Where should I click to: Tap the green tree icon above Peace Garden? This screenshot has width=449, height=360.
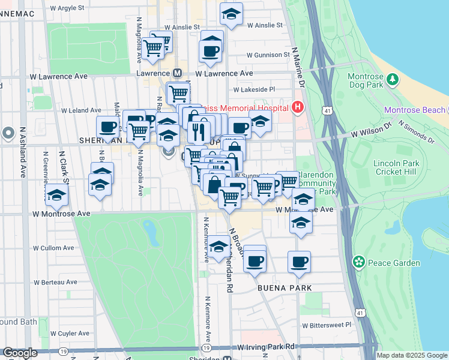[x=359, y=262]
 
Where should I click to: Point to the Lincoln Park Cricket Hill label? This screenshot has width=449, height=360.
[x=394, y=168]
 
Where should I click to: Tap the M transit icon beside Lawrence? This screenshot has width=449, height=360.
[x=177, y=73]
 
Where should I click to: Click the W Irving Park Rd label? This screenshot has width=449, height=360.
[x=267, y=347]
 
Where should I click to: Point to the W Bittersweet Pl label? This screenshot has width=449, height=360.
[x=327, y=325]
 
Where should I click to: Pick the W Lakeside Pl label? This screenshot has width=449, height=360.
[x=254, y=89]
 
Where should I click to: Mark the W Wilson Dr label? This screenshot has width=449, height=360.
[x=371, y=129]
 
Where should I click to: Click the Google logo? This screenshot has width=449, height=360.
[x=20, y=353]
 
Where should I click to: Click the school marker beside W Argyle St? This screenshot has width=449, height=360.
[x=231, y=14]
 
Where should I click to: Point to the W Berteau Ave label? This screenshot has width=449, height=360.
[x=55, y=282]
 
